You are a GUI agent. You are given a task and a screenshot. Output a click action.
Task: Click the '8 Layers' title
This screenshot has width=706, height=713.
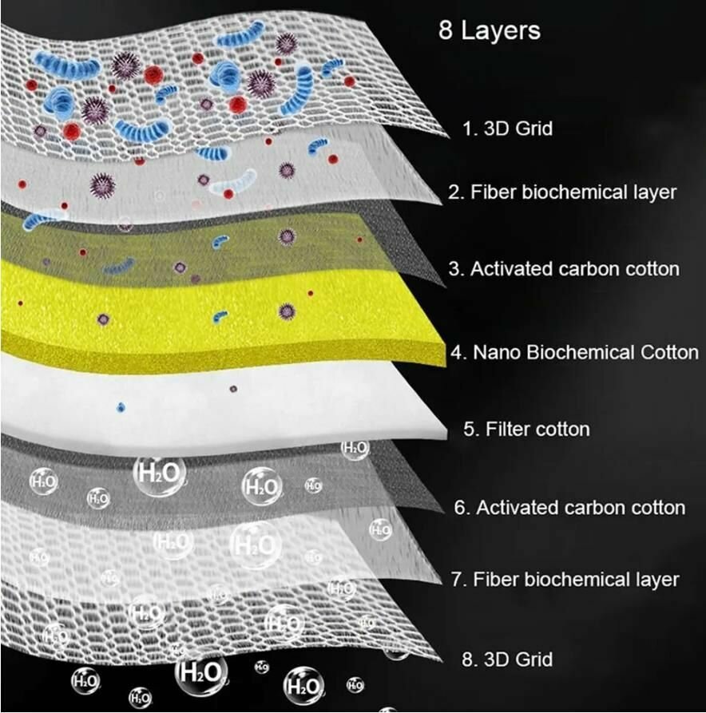[490, 31]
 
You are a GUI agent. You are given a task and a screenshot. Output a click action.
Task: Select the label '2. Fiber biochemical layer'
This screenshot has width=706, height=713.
[562, 192]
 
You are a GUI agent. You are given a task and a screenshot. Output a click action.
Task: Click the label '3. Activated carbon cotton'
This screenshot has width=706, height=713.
[564, 269]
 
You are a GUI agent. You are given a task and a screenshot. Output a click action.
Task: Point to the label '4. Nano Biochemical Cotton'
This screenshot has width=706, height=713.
[575, 352]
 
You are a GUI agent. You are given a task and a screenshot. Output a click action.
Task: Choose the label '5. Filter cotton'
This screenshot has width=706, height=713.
[526, 429]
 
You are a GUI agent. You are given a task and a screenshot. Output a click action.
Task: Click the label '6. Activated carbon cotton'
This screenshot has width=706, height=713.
[569, 507]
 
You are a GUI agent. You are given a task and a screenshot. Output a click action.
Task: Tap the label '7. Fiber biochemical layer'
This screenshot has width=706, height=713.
[565, 579]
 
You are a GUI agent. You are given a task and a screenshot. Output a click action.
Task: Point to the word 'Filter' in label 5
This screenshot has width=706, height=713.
[508, 429]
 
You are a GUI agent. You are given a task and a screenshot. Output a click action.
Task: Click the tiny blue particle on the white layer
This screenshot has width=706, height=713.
[121, 407]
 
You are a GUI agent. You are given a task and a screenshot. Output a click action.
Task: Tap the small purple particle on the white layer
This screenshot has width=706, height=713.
[233, 390]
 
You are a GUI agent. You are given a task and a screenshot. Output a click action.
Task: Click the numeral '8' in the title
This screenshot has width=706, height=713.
[446, 31]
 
